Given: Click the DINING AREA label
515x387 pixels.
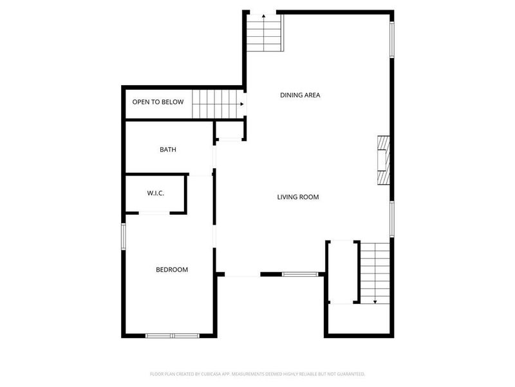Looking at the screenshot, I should [300, 95].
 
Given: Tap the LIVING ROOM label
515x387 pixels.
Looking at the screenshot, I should [298, 197].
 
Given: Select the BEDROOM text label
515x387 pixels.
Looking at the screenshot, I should [172, 270].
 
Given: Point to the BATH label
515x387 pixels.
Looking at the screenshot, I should [168, 150].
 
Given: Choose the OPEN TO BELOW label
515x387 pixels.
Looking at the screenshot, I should [158, 102].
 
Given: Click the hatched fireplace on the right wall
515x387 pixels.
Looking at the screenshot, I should [384, 160].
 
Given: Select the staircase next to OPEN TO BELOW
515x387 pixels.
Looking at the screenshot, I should [216, 104].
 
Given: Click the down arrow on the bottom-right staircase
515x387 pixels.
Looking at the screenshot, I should [375, 301].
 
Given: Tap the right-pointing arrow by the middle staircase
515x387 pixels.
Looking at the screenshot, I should [242, 104].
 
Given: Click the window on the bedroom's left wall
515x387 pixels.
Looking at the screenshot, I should [124, 235].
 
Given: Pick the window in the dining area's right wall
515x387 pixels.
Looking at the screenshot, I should [391, 41].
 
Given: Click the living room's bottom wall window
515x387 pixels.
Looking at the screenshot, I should [300, 274].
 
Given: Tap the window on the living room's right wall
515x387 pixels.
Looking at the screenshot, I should [391, 219].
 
